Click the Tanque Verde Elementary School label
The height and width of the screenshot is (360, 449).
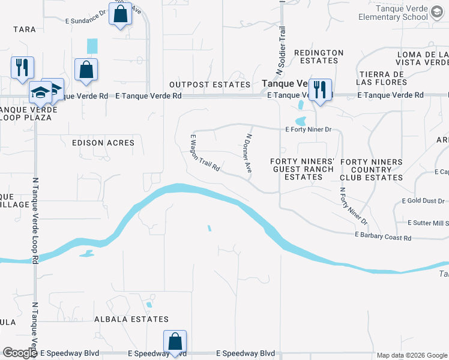[410, 13]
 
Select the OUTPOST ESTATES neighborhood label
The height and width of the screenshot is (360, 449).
[209, 85]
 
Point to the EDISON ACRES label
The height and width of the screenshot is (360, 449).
[103, 143]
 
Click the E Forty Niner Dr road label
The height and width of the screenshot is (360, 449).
[309, 129]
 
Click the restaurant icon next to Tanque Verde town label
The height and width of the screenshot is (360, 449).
[320, 91]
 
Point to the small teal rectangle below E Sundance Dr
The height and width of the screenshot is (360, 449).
[92, 46]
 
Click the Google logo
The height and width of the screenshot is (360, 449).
[20, 353]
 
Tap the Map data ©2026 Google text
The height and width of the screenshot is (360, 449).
[412, 355]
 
